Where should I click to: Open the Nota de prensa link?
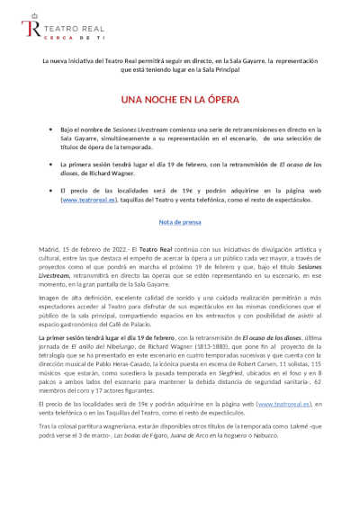[180, 220]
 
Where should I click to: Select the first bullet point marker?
[50, 130]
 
